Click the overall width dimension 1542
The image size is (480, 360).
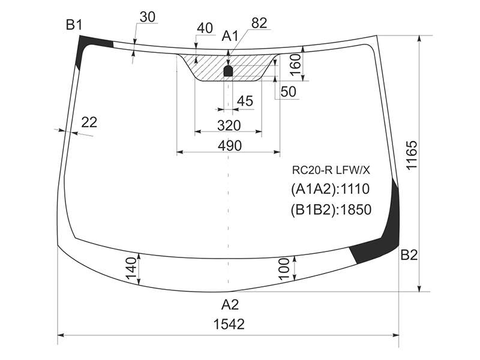[x=229, y=324]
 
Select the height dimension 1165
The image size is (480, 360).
[x=412, y=155]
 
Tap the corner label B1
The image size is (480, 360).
[x=74, y=25]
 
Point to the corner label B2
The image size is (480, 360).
[x=409, y=254]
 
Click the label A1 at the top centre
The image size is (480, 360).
[x=230, y=36]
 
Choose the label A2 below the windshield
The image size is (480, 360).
[x=230, y=305]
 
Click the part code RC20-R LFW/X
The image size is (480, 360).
[x=331, y=170]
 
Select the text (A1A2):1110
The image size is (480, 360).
[x=331, y=189]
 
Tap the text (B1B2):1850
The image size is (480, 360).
[x=331, y=209]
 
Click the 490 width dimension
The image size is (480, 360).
[x=230, y=145]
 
